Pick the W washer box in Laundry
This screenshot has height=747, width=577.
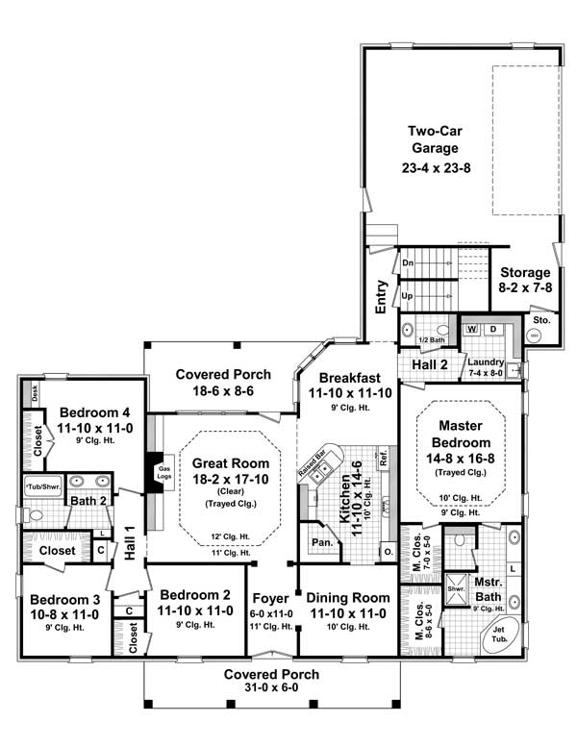click(472, 329)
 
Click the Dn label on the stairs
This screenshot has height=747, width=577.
click(408, 262)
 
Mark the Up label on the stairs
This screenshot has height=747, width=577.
click(408, 295)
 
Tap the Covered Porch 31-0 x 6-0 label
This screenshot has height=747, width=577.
click(272, 681)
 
